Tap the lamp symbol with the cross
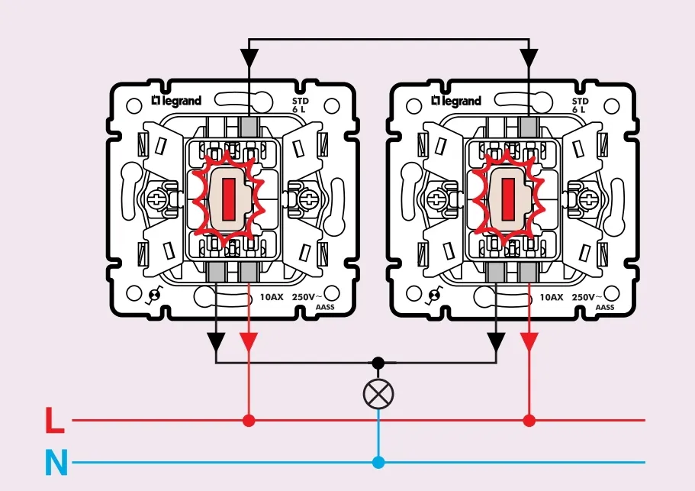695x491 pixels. coord(378,393)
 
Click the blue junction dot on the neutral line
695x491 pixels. coord(378,462)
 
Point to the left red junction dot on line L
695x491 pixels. coord(249,420)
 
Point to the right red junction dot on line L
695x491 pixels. coord(529,420)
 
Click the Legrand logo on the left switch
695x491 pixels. coord(176,101)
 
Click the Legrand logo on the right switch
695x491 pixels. coord(456,101)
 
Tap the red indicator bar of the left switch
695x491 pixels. coord(227,200)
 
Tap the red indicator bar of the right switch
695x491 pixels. coord(507,200)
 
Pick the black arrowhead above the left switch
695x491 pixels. coord(249,58)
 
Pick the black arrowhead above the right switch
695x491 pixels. coord(529,58)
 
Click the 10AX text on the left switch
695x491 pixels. coord(272,297)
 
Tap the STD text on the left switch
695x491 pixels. coord(301,100)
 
